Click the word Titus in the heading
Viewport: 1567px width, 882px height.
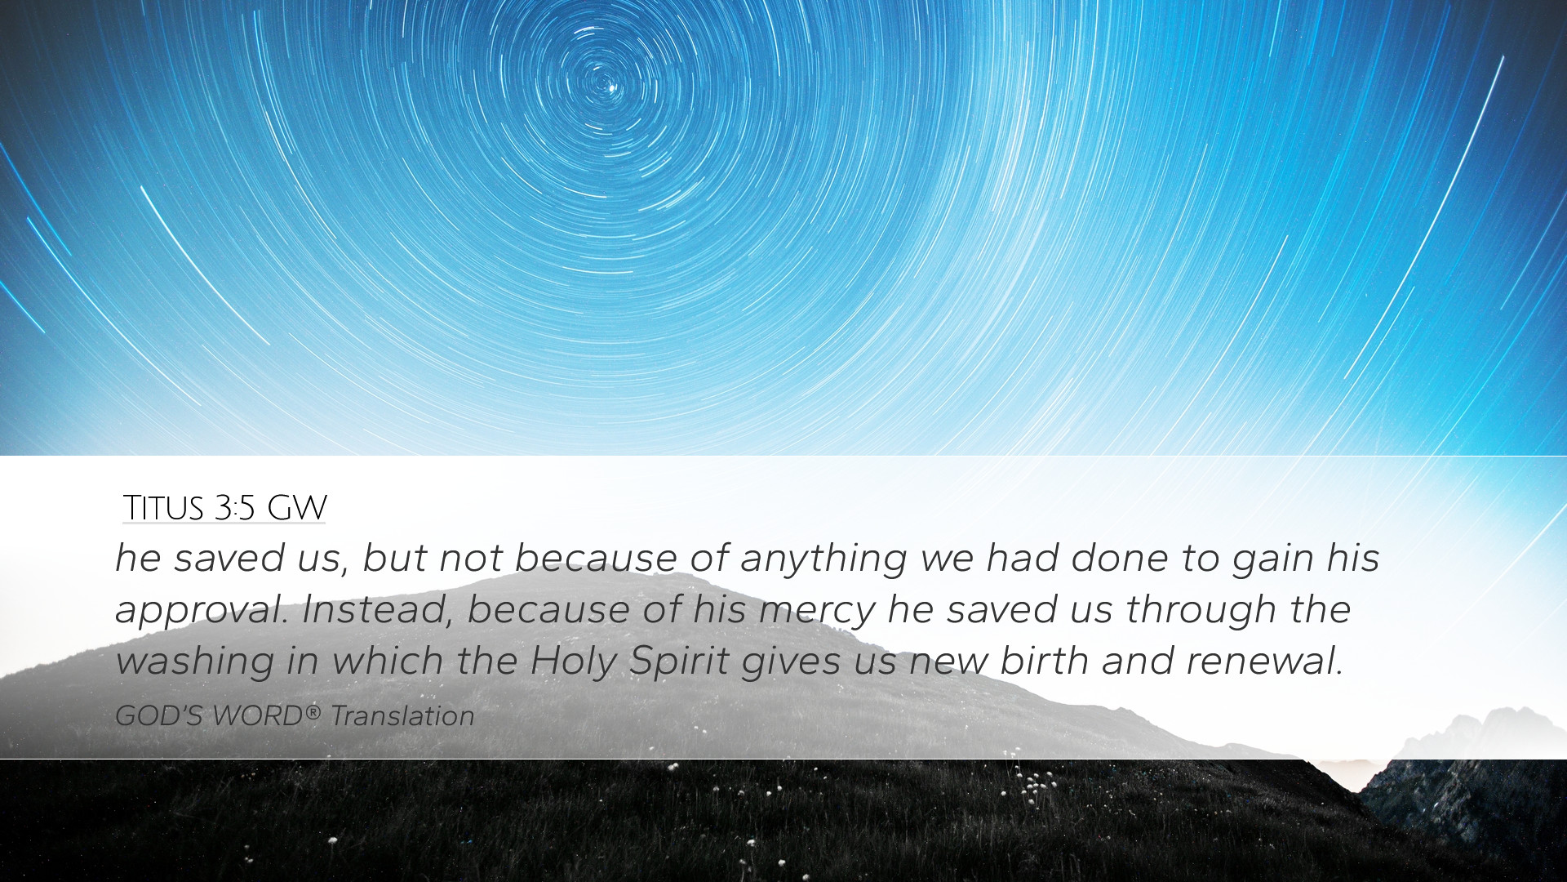pyautogui.click(x=163, y=507)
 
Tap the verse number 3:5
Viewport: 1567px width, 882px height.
pyautogui.click(x=235, y=507)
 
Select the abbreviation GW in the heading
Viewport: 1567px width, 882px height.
pyautogui.click(x=297, y=507)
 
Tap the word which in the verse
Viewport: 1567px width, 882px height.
pyautogui.click(x=388, y=661)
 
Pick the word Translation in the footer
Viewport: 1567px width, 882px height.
pyautogui.click(x=402, y=715)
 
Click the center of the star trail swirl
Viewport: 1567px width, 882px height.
pyautogui.click(x=605, y=82)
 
